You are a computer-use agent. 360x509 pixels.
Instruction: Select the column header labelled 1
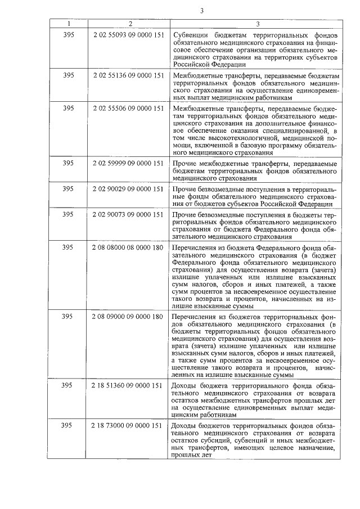69,24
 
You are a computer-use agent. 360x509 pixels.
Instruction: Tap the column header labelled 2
130,24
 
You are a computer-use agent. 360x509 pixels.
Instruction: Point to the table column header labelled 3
258,24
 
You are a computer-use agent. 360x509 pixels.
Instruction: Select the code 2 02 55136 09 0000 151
130,75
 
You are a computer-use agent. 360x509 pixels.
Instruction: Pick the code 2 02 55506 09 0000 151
130,107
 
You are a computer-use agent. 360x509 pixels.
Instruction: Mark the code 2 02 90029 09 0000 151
130,189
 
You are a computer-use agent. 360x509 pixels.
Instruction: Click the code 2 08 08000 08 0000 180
130,247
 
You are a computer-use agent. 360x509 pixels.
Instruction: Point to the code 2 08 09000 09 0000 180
130,317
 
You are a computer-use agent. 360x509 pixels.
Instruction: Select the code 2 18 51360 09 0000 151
130,386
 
